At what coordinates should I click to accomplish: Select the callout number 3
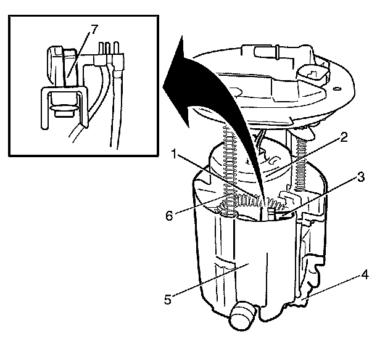coord(360,176)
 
